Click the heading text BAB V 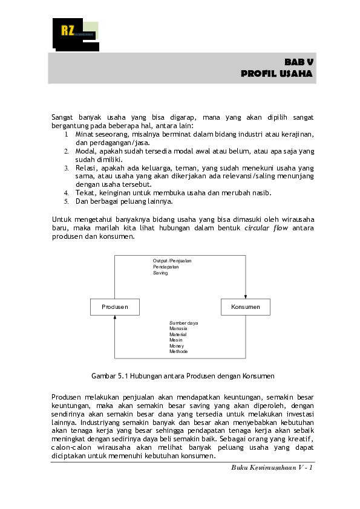299,62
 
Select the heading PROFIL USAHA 277,74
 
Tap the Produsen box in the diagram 115,306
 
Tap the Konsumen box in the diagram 245,306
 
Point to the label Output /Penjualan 172,261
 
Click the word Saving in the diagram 160,273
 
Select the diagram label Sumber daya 184,323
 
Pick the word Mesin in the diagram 176,340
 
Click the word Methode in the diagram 178,352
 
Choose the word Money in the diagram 177,346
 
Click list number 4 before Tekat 66,193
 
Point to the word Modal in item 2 86,151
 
